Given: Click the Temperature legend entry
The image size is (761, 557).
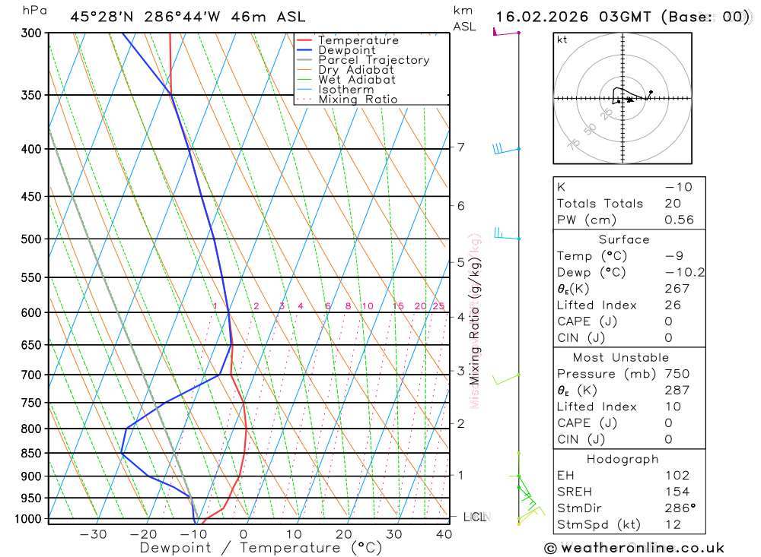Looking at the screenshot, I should (x=358, y=40).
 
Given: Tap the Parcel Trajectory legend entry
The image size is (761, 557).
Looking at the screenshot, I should (x=374, y=60).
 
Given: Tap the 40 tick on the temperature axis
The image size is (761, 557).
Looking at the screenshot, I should (x=444, y=534).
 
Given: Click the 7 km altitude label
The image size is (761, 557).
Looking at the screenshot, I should (x=461, y=147).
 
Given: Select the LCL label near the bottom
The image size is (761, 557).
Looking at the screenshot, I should (x=475, y=517).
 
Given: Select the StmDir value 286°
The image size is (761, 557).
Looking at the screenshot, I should (x=680, y=508).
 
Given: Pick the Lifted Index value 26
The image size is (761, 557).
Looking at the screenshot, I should (x=672, y=305).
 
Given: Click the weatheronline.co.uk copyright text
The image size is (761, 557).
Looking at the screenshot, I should (x=635, y=548).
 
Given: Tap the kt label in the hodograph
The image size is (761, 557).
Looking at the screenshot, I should (x=562, y=40).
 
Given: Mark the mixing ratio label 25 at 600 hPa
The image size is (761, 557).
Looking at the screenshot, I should (x=438, y=306).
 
